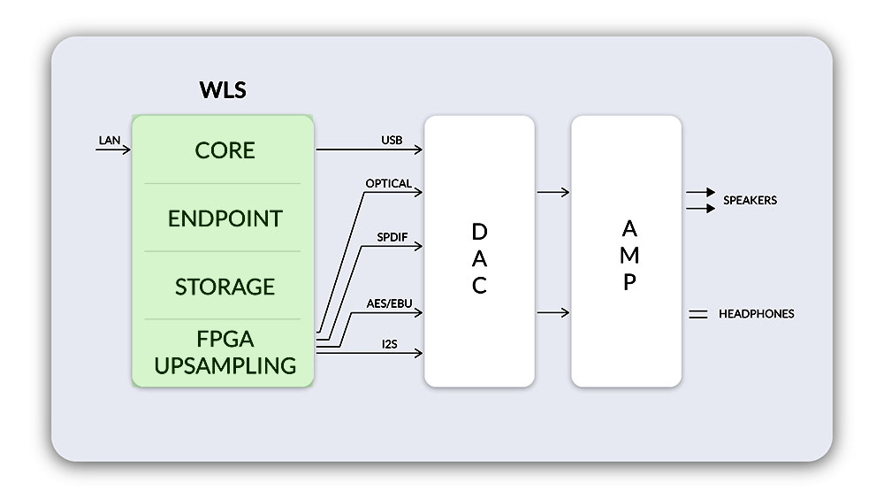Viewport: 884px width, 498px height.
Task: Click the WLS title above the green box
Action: [222, 91]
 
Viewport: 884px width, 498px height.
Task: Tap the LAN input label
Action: [110, 140]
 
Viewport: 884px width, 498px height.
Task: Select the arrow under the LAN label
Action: [113, 150]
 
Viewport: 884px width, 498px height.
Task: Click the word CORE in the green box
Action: [225, 150]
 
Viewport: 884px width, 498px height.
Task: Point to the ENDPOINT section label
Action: [225, 218]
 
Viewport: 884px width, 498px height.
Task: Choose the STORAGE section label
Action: [225, 287]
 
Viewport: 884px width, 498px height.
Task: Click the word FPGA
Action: [225, 340]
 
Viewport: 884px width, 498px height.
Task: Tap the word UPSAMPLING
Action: [225, 364]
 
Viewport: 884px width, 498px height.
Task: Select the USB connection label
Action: [392, 140]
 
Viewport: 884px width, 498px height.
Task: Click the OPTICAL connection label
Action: [388, 183]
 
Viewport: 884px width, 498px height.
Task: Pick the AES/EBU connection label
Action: [389, 303]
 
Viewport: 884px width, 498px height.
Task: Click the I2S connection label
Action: [390, 344]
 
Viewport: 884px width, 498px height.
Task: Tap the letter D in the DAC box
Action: [479, 232]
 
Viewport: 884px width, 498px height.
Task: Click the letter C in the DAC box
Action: [479, 287]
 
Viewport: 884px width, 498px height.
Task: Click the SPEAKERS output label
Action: [750, 201]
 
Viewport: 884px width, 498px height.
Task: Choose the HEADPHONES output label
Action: [756, 314]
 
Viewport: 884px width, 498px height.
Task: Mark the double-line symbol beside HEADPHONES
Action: [698, 314]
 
